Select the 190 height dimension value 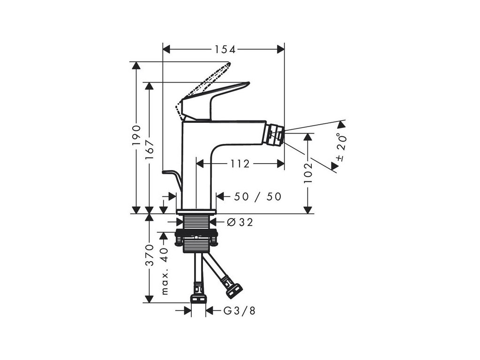136,135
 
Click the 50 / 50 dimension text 257,197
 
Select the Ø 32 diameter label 240,223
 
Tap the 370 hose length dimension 149,255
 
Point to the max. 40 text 164,270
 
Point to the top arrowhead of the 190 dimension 136,66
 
